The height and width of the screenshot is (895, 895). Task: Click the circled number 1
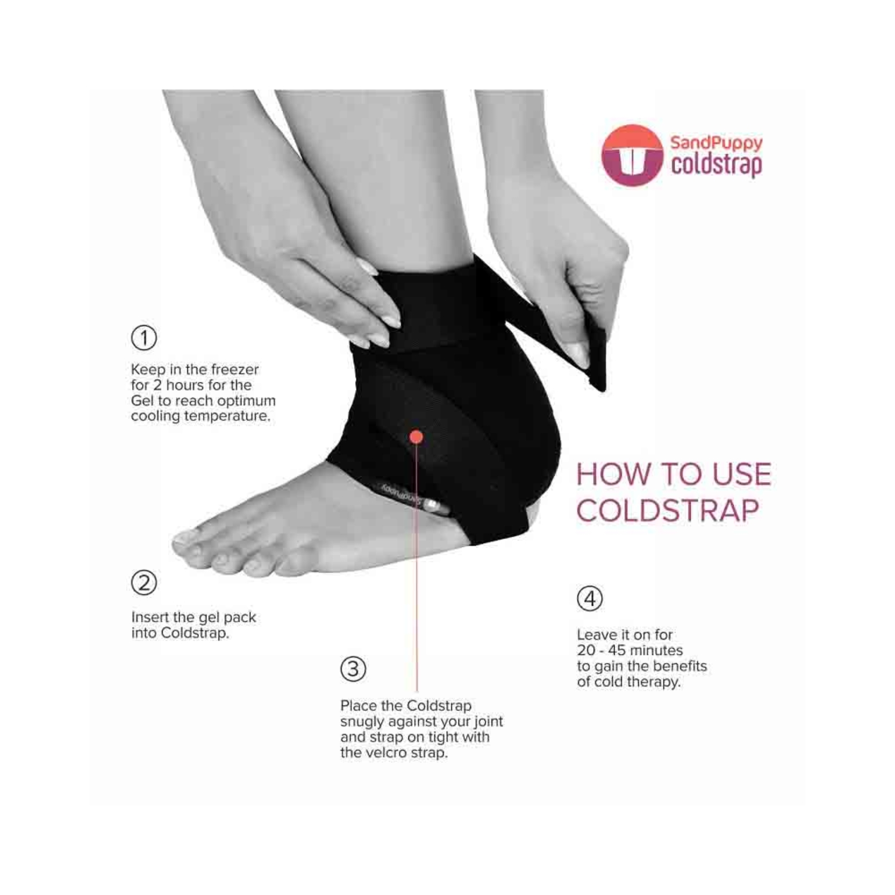144,338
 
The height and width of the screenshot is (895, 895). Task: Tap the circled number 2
144,582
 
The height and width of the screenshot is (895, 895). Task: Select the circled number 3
353,669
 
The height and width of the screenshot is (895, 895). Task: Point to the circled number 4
590,598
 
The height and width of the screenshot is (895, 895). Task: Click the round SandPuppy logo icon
632,155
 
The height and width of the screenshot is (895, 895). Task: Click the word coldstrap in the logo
717,165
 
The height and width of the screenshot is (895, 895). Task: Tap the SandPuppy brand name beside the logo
716,143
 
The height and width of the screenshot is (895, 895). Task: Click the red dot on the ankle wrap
416,437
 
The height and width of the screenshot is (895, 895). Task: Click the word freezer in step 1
234,369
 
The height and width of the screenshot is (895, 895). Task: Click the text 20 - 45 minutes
629,650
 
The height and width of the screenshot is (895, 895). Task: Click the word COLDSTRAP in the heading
668,510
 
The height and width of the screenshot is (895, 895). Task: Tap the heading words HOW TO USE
674,474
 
